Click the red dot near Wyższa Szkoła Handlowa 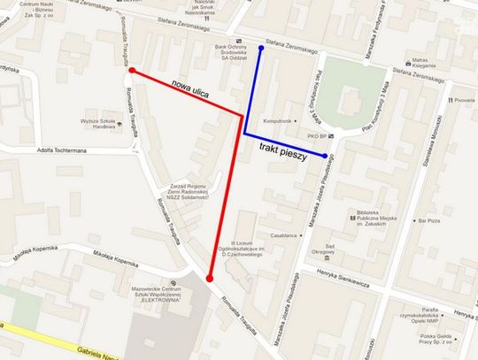pyautogui.click(x=131, y=70)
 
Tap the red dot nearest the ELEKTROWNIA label pyautogui.click(x=210, y=279)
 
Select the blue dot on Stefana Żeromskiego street pyautogui.click(x=260, y=48)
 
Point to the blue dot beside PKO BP pyautogui.click(x=326, y=157)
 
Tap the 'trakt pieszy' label pyautogui.click(x=282, y=152)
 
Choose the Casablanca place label pyautogui.click(x=285, y=235)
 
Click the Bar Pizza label pyautogui.click(x=428, y=219)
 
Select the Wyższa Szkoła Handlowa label pyautogui.click(x=100, y=122)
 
